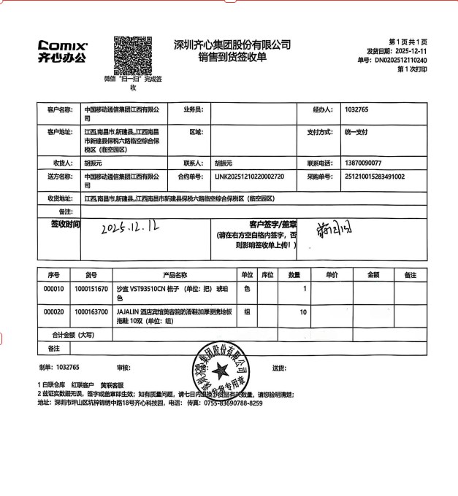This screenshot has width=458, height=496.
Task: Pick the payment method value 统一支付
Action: pyautogui.click(x=357, y=133)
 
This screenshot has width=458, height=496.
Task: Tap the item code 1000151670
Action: pyautogui.click(x=91, y=290)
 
